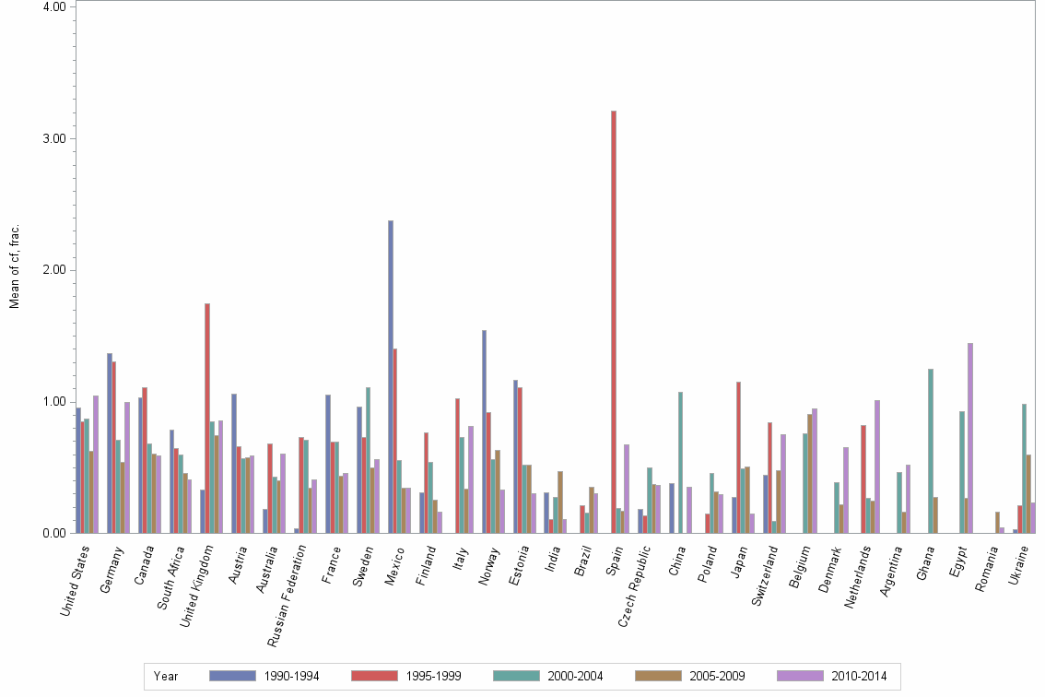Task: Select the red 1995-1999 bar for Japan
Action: pyautogui.click(x=739, y=457)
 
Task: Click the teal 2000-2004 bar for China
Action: pyautogui.click(x=681, y=462)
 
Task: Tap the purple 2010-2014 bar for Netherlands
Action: pyautogui.click(x=876, y=467)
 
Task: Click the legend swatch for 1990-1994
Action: pyautogui.click(x=231, y=676)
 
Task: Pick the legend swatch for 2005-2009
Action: pyautogui.click(x=657, y=676)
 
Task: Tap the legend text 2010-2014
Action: pyautogui.click(x=858, y=676)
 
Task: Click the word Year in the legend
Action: pyautogui.click(x=167, y=676)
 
